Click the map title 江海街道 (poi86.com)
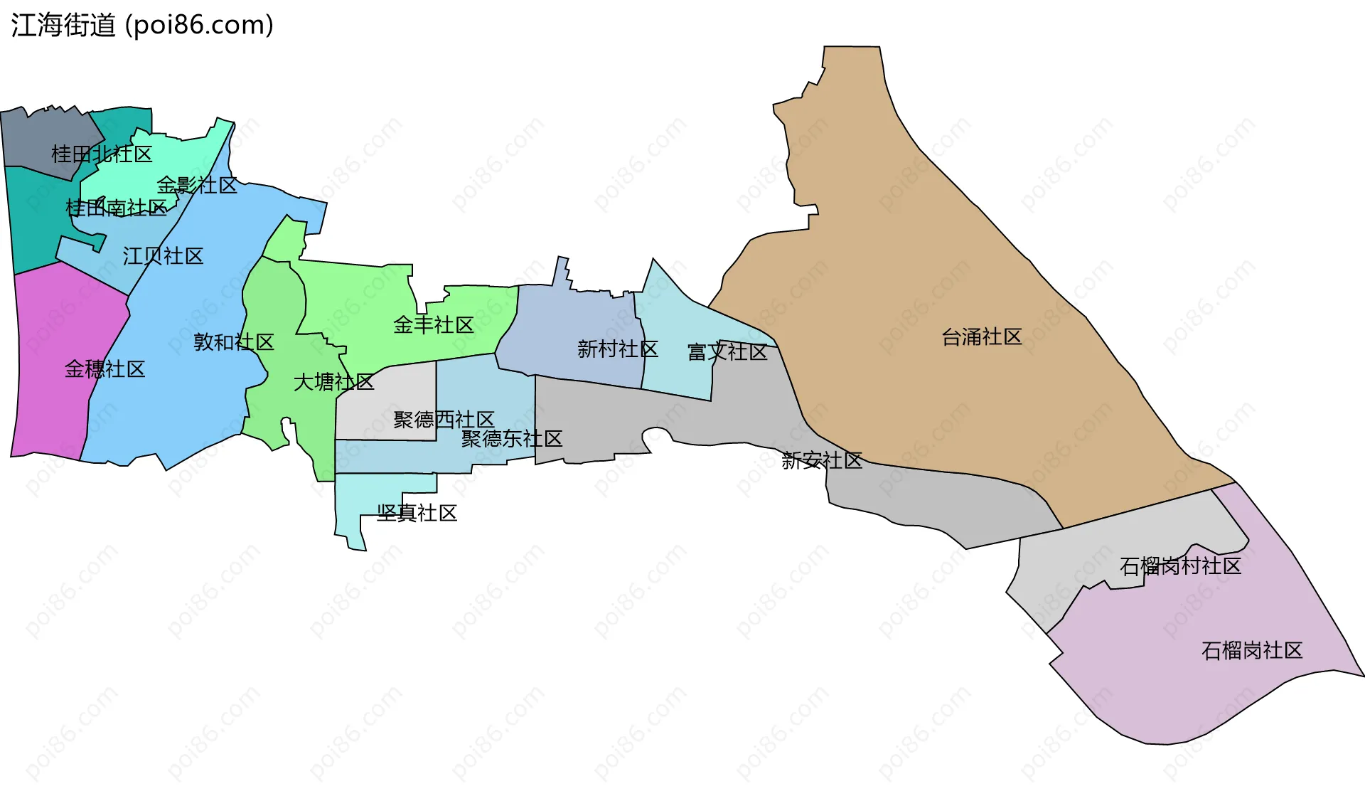(142, 26)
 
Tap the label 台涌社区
(981, 337)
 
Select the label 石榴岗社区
(1251, 650)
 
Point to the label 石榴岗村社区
(1180, 566)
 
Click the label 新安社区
(822, 461)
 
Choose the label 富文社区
(727, 352)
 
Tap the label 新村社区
(617, 349)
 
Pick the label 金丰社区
(433, 325)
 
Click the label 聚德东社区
(511, 439)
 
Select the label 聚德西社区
(444, 420)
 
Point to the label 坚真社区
(417, 513)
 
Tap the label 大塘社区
(333, 383)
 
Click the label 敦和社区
(234, 342)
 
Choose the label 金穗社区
(105, 369)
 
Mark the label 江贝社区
(163, 256)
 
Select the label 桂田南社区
(116, 208)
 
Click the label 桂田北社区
(102, 154)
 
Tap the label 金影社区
(197, 186)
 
